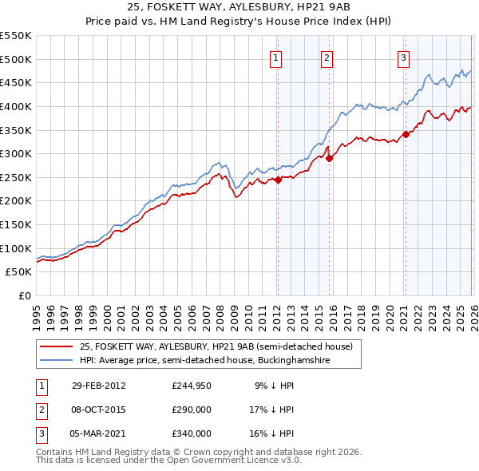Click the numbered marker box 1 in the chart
[275, 57]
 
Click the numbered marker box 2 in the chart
[327, 57]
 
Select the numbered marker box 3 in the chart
[404, 57]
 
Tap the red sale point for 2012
[278, 180]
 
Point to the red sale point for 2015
[329, 158]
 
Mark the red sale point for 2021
[406, 134]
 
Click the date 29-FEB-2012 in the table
[98, 386]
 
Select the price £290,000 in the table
[192, 410]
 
